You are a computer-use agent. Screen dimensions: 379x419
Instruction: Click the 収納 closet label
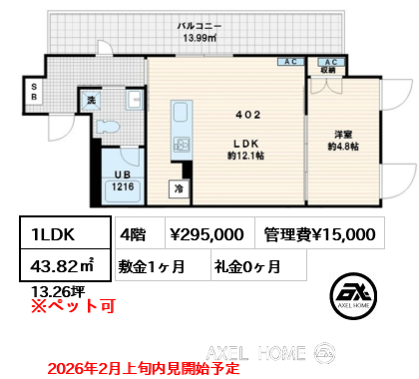(327, 72)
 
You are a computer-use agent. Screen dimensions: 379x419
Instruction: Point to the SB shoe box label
(33, 92)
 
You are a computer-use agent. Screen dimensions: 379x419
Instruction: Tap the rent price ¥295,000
(207, 234)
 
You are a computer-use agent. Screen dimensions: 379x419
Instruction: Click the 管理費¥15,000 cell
(320, 234)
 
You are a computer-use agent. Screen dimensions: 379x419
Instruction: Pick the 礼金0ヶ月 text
(246, 266)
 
